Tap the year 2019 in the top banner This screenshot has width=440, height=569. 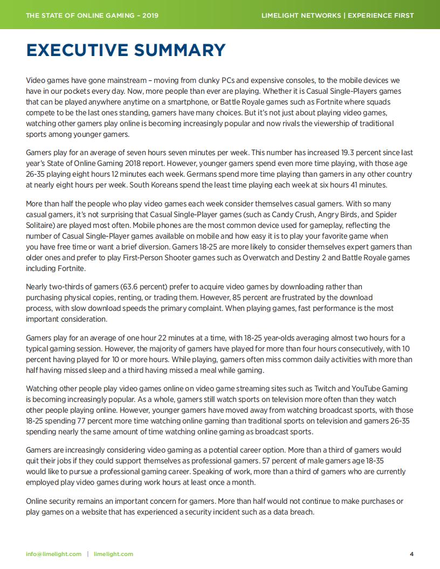148,15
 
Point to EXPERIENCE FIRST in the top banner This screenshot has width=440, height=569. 381,15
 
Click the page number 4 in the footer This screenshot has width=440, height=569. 411,554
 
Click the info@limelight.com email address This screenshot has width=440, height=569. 54,554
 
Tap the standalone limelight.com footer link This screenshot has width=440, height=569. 113,554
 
